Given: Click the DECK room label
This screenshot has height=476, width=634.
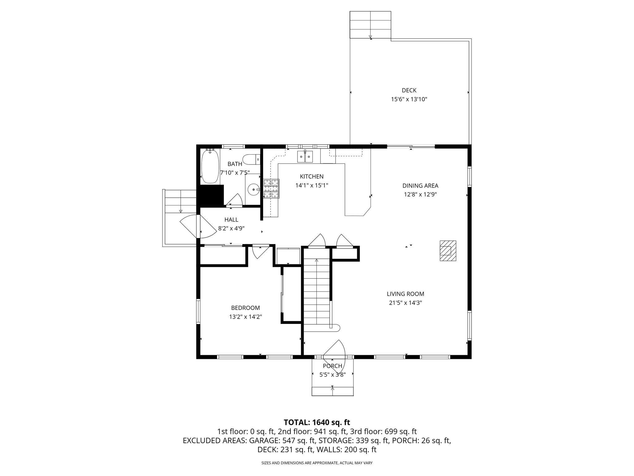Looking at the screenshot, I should point(409,90).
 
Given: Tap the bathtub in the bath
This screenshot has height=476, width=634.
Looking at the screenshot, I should point(210,167).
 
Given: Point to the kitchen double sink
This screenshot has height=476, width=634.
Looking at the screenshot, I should point(305,157).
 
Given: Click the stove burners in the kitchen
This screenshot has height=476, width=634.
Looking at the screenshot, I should point(271,188).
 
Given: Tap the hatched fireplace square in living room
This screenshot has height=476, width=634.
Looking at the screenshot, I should point(448,251).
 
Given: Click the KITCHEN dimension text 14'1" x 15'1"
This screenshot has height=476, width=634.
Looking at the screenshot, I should point(311,185).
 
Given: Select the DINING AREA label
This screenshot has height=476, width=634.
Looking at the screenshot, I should point(420,186).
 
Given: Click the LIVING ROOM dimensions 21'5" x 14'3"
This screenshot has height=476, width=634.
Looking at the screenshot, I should point(405,303).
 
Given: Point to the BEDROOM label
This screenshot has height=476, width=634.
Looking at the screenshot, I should point(245,308).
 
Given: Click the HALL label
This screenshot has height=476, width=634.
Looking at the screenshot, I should point(231,220).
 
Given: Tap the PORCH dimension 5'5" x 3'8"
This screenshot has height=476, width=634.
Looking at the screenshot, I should point(332,375).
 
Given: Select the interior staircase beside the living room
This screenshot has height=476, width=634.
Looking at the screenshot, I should point(316,291).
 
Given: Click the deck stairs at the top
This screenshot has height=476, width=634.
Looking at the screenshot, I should point(370,25).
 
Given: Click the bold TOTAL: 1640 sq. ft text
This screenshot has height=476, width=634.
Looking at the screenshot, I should point(317,422).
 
